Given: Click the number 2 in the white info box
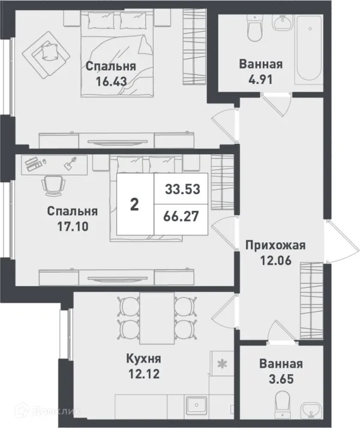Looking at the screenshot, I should coord(135,204).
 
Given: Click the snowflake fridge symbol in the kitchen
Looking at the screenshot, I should coord(221,363).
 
